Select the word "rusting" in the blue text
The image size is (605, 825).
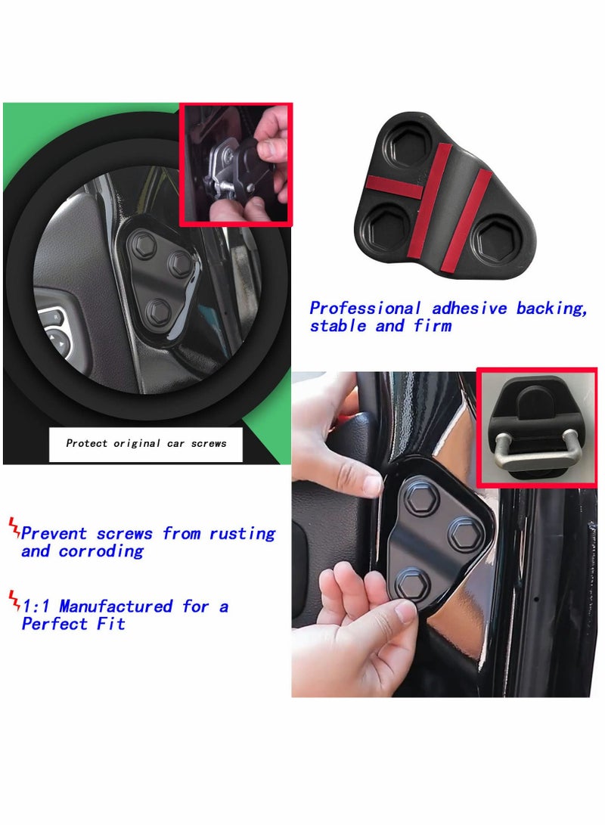[242, 534]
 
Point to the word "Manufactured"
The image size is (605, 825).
[116, 606]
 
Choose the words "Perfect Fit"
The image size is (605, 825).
[73, 624]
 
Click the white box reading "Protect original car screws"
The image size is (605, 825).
[146, 444]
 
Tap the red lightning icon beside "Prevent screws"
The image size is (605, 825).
[14, 528]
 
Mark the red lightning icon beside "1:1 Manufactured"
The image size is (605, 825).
[14, 601]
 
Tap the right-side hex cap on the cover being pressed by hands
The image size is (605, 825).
[464, 534]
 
